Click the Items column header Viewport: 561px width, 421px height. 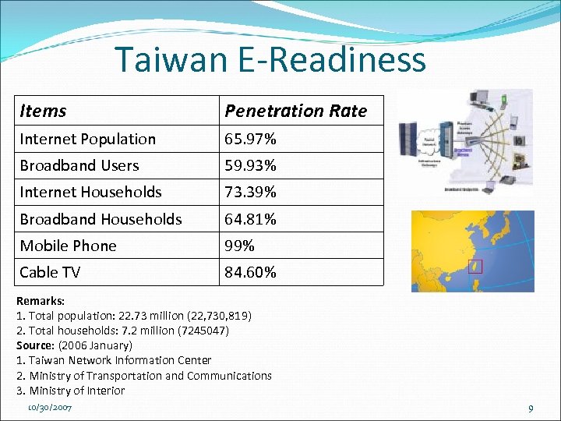[x=43, y=111]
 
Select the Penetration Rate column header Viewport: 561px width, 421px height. [x=295, y=111]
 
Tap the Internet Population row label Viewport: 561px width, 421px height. [x=87, y=140]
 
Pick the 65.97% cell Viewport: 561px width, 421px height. [x=250, y=140]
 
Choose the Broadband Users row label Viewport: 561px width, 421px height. [x=79, y=166]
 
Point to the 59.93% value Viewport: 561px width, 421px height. [x=250, y=166]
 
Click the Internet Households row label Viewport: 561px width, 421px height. [x=90, y=193]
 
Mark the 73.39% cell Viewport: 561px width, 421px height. [x=250, y=193]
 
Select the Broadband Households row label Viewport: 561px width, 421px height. [x=101, y=219]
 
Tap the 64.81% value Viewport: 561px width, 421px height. [x=250, y=219]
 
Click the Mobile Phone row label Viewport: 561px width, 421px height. [x=68, y=246]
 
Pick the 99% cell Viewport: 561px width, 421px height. [x=240, y=246]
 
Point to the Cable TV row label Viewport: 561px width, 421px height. [x=50, y=272]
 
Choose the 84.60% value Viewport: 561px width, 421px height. [x=250, y=272]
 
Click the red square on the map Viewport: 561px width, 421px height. [x=477, y=267]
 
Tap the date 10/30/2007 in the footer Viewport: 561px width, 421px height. [x=49, y=409]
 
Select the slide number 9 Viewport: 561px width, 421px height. [x=531, y=409]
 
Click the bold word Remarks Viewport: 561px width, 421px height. [x=40, y=301]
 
